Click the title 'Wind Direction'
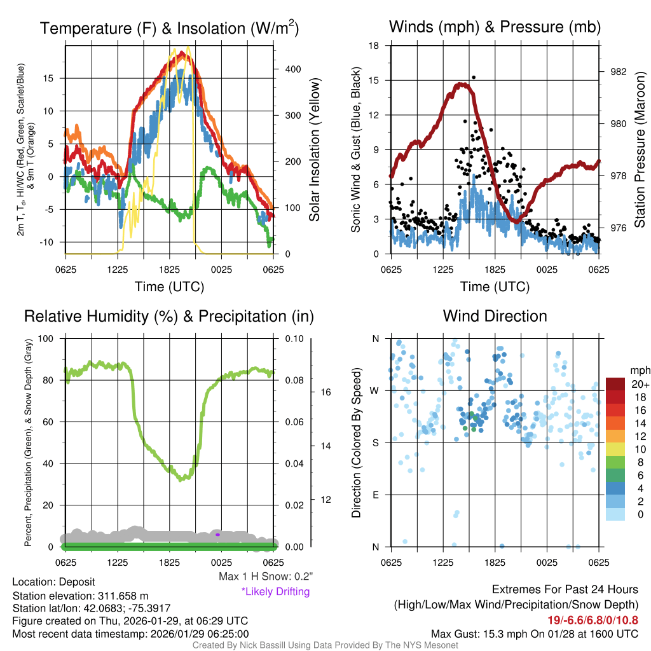click(x=495, y=316)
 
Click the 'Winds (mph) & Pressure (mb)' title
click(x=495, y=27)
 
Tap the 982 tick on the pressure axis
click(x=613, y=72)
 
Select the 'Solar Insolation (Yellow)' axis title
click(x=315, y=150)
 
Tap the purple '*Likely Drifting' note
click(x=275, y=592)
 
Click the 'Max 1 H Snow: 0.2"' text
click(x=266, y=577)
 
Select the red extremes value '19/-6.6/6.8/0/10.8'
click(x=593, y=620)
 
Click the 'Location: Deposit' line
click(x=53, y=582)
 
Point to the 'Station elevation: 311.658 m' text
click(x=80, y=596)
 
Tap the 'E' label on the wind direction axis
click(x=375, y=495)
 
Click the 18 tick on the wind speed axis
click(x=374, y=46)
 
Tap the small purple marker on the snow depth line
click(x=217, y=535)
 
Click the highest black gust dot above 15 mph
click(x=474, y=78)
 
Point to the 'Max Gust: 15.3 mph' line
click(x=534, y=633)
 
